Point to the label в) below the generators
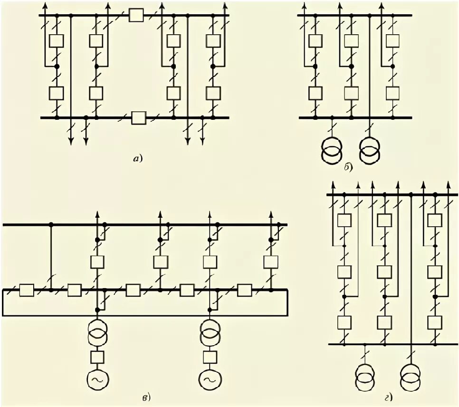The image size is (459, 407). coord(148,396)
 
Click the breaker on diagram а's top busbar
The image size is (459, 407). coord(136,16)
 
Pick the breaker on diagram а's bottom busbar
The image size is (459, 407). coord(139,117)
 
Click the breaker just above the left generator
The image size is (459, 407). coord(97,356)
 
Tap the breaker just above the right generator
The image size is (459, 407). coord(209,356)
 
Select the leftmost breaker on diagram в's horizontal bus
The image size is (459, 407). coord(26,290)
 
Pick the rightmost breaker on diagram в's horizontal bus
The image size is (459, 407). coord(244,290)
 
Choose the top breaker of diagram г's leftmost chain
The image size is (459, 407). coord(344,220)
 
